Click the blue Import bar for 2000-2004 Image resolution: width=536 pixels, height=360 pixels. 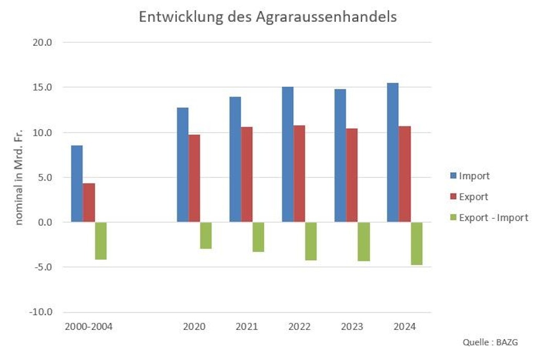(x=76, y=184)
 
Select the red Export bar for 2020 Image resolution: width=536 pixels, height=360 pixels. (x=194, y=178)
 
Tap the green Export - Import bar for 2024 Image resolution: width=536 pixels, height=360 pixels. (x=417, y=243)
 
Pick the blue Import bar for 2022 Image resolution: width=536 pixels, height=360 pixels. (x=287, y=154)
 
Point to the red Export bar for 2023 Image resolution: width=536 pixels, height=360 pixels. (x=352, y=175)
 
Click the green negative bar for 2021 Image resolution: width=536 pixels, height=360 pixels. (x=258, y=237)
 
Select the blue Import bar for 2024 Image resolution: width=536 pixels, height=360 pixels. (x=393, y=152)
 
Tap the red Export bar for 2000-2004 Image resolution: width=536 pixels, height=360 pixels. (x=89, y=203)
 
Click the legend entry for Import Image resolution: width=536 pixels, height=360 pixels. (x=474, y=176)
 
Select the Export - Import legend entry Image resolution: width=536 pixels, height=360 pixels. (x=493, y=218)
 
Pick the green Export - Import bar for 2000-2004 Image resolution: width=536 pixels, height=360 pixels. (x=100, y=241)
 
